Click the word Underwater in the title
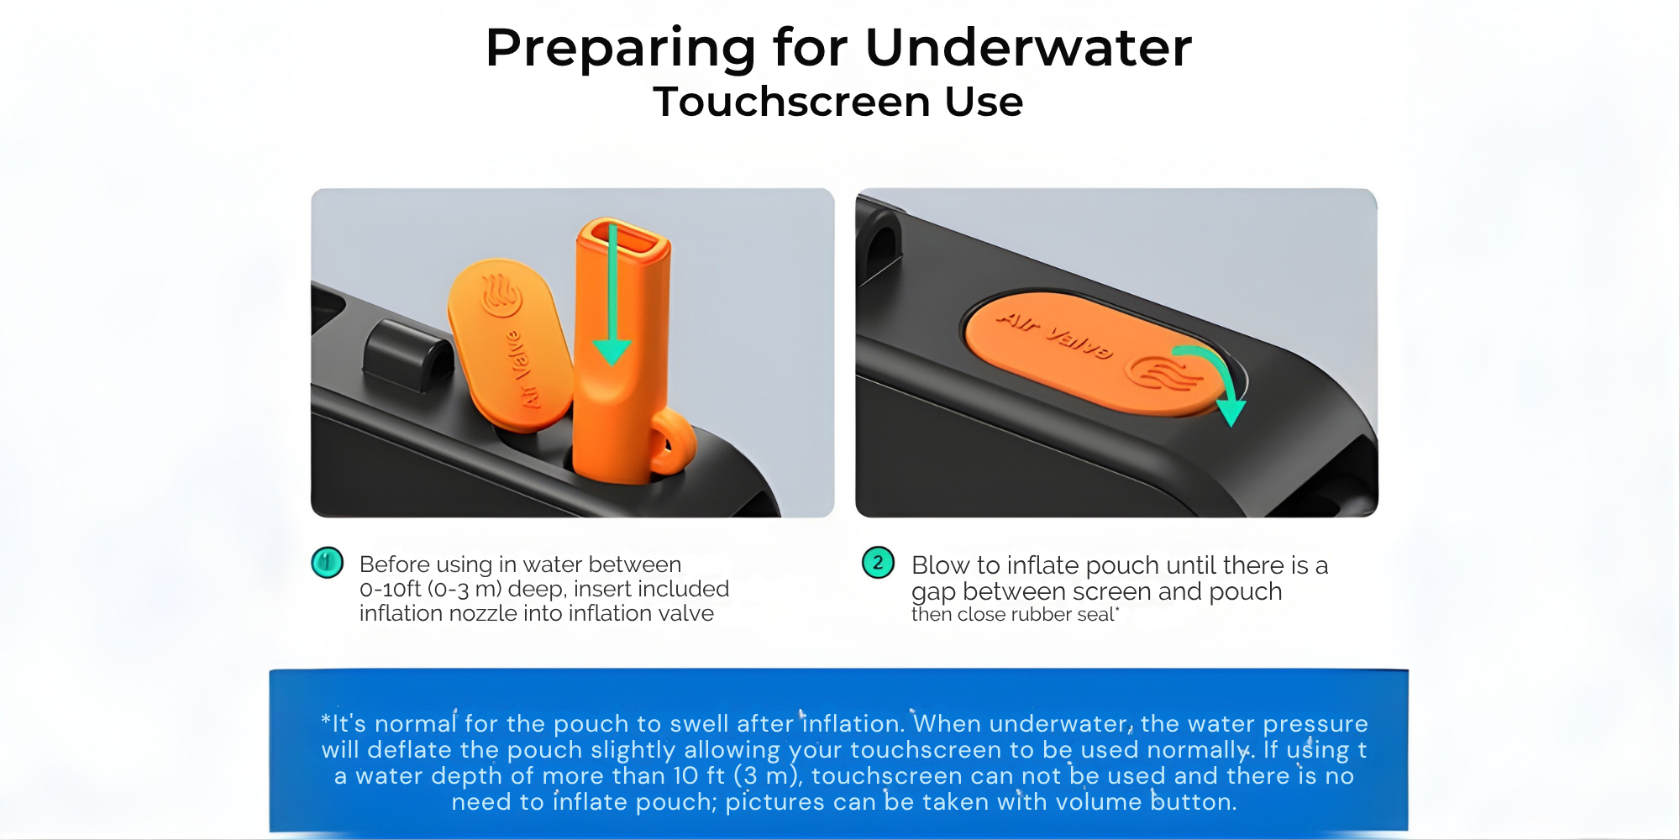(x=1028, y=47)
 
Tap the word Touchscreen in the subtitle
(x=792, y=102)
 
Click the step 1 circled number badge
(x=327, y=562)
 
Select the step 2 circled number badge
(x=878, y=562)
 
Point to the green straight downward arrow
(x=612, y=294)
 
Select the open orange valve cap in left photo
(x=510, y=344)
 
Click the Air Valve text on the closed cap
(x=1055, y=333)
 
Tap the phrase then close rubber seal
(x=1013, y=615)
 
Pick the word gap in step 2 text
(x=934, y=593)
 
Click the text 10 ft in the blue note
(x=699, y=775)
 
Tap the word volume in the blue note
(x=1099, y=801)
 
